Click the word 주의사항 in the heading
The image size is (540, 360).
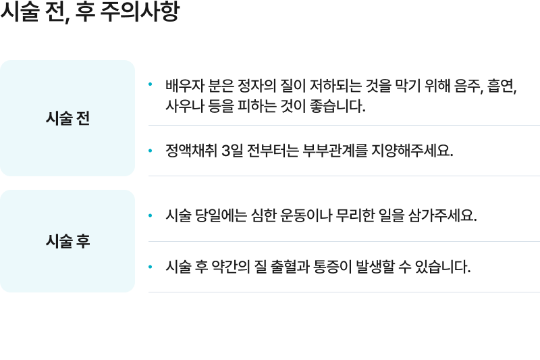coord(140,11)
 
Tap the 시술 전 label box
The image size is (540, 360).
coord(67,118)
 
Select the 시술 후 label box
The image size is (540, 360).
coord(67,241)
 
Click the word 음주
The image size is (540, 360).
coord(468,85)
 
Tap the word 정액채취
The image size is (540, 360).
coord(192,151)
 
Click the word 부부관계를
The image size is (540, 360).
coord(335,151)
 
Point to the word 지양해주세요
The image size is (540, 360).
coord(412,151)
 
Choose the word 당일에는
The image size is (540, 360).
coord(221,215)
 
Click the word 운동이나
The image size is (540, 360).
coord(306,215)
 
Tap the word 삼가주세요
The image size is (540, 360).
coord(443,215)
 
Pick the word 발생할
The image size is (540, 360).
coord(375,267)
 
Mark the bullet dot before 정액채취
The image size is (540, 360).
coord(150,151)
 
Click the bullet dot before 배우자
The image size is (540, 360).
coord(150,84)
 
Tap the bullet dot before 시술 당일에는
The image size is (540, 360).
coord(150,215)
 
